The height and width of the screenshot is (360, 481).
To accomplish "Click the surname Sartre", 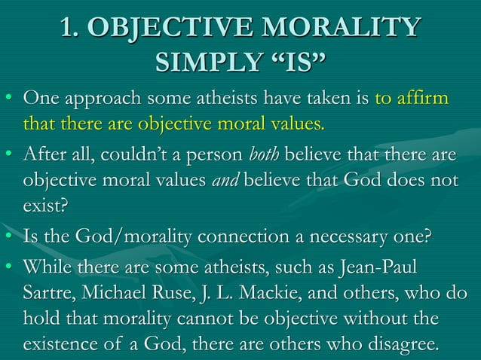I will pos(47,292).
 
